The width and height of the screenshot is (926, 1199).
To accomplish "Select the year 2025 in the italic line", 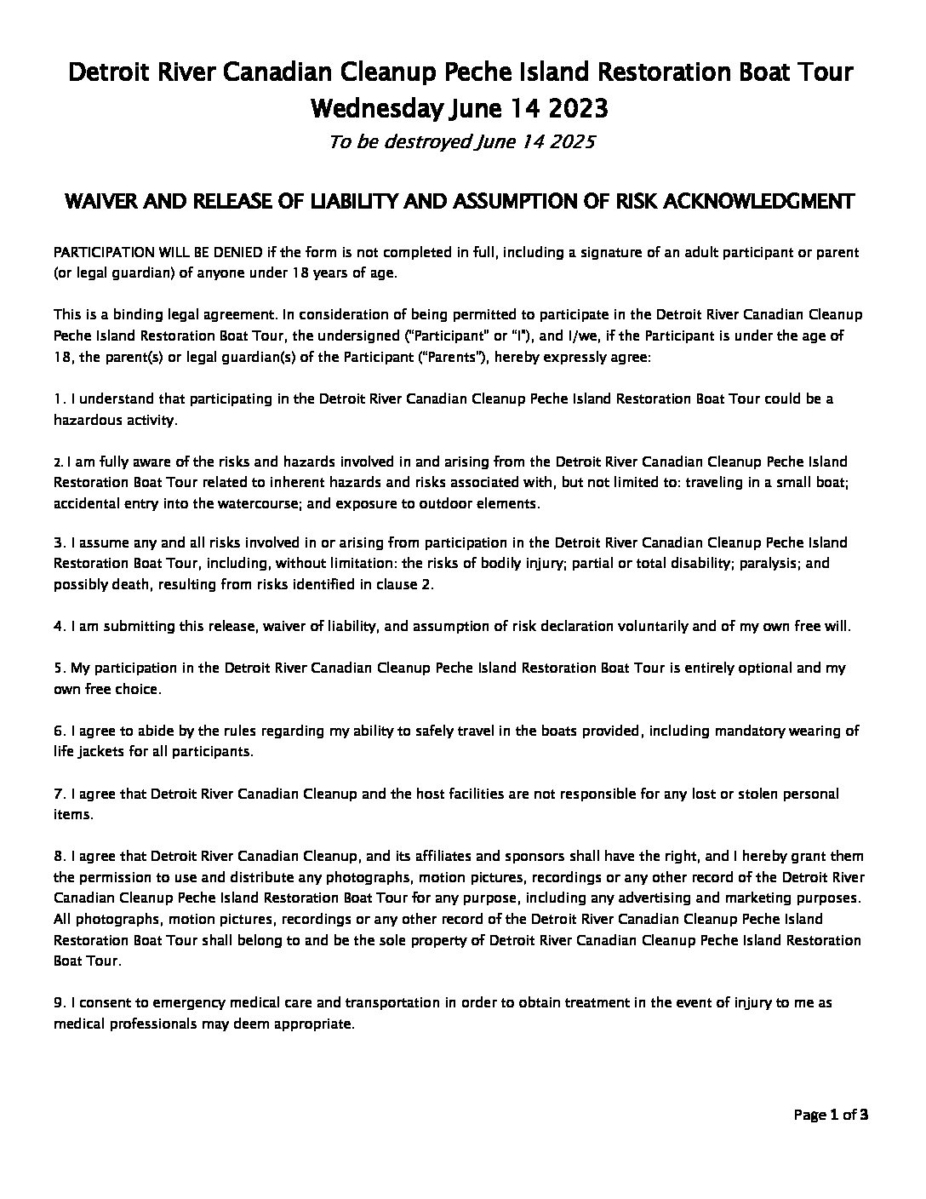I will (571, 142).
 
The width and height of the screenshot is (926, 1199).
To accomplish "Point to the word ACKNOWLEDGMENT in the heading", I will (765, 202).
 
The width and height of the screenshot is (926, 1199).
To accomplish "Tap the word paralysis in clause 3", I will (770, 563).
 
